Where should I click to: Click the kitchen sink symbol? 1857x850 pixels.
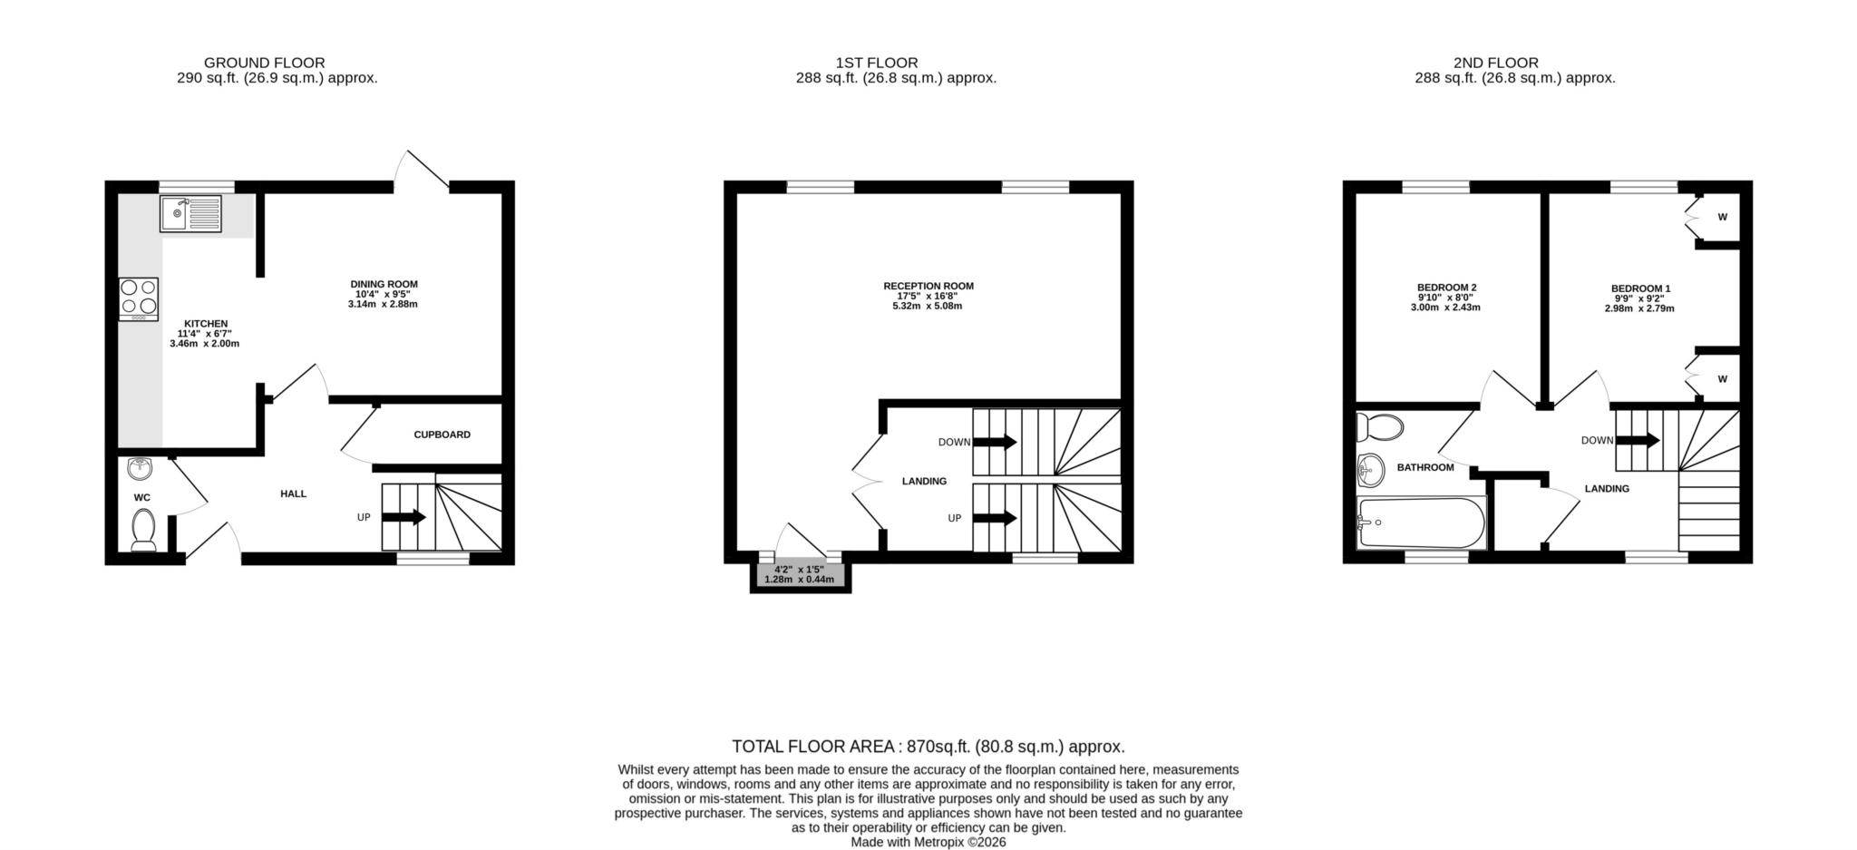[x=190, y=214]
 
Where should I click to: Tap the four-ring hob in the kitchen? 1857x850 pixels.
[x=138, y=298]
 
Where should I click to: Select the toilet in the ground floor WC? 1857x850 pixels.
[x=143, y=530]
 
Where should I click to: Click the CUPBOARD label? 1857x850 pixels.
[x=442, y=435]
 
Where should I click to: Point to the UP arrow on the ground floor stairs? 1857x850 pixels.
[x=404, y=517]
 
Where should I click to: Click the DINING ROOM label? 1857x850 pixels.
[x=384, y=284]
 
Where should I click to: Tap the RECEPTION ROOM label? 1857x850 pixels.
[x=928, y=286]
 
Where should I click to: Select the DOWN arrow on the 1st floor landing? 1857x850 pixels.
[x=995, y=442]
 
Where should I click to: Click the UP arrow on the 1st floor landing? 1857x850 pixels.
[x=995, y=518]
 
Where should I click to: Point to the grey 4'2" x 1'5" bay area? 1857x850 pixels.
[x=799, y=574]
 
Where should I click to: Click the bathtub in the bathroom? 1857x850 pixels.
[x=1421, y=523]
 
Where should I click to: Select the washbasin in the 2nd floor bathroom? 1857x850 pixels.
[x=1370, y=470]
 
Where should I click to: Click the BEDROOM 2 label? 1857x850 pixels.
[x=1446, y=288]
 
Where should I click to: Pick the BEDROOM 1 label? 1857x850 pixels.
[x=1640, y=288]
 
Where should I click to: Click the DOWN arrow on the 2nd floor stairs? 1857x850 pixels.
[x=1638, y=441]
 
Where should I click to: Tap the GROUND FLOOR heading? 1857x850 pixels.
[x=264, y=63]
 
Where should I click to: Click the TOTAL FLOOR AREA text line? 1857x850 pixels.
[x=928, y=747]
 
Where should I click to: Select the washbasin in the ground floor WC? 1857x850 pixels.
[x=140, y=468]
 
